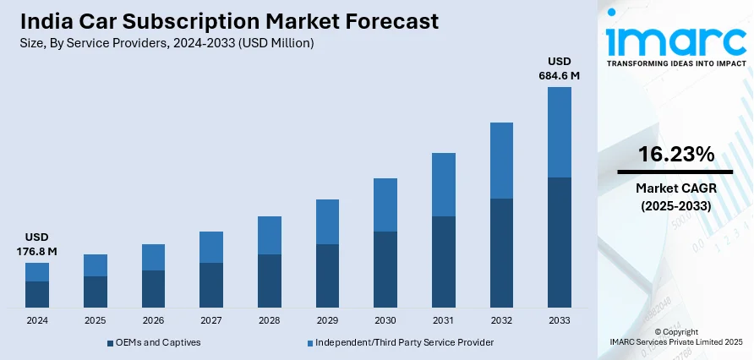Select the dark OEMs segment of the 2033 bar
(560, 242)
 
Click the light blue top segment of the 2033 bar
(560, 132)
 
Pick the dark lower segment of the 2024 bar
(37, 293)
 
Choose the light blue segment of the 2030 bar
(385, 205)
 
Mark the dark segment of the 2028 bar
(270, 280)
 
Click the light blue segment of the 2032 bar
(501, 161)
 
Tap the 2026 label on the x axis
(153, 321)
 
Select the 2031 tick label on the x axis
(443, 321)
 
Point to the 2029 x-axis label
(327, 321)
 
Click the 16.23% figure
(675, 155)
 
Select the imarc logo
(675, 38)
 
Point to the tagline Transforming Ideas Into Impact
(675, 64)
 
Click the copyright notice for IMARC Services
(675, 336)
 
